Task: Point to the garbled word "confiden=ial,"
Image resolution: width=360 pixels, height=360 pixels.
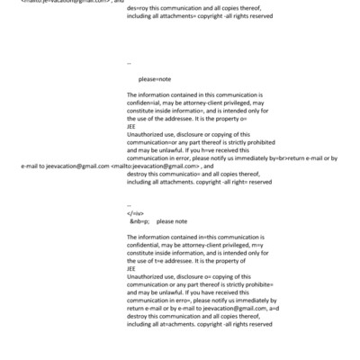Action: coord(147,102)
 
